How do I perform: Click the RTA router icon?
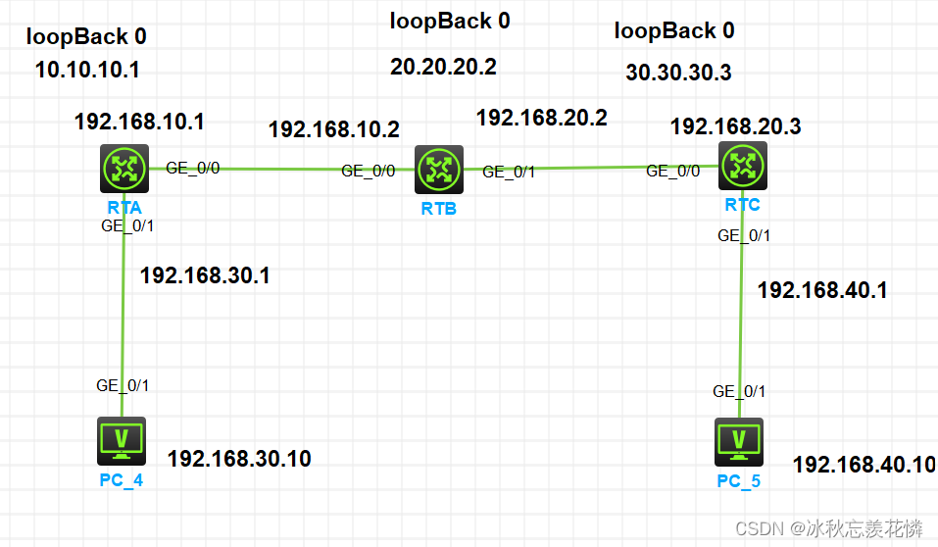pos(124,170)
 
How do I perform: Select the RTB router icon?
pos(438,171)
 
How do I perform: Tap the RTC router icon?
pos(742,167)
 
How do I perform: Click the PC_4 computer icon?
pos(123,440)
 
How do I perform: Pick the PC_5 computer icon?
pos(739,443)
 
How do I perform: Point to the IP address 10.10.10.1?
pos(87,72)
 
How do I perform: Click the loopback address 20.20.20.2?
pos(443,67)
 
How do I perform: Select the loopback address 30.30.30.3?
pos(678,72)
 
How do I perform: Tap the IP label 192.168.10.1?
pos(139,123)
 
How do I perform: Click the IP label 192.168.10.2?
pos(333,129)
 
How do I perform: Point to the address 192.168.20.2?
pos(541,119)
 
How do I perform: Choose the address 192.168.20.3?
pos(735,126)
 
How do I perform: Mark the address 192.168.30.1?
pos(204,275)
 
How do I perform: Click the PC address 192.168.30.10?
pos(238,458)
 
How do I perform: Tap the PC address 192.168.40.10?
pos(864,465)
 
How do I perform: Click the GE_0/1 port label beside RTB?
pos(509,172)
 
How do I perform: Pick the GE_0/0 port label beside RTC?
pos(672,171)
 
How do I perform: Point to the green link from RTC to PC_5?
pos(742,314)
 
